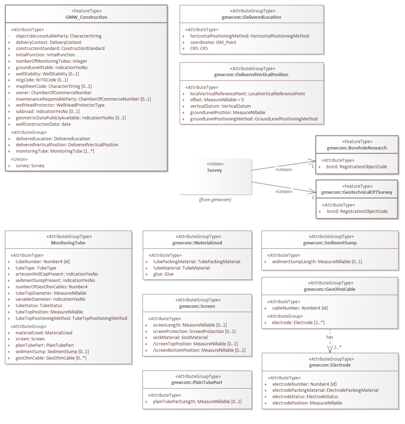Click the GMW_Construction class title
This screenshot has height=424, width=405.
click(86, 17)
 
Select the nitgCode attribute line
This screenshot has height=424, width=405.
click(42, 80)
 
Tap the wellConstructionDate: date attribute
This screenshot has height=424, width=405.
click(43, 124)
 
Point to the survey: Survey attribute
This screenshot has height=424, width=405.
click(30, 166)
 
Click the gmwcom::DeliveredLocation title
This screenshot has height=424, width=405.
click(252, 17)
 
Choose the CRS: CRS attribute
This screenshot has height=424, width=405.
click(199, 49)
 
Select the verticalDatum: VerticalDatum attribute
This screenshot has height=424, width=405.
click(220, 106)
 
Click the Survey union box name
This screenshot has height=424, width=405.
click(214, 170)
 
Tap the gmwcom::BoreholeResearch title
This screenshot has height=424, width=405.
click(357, 148)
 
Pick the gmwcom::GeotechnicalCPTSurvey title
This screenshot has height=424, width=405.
click(357, 192)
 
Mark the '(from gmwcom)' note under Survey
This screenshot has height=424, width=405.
click(215, 200)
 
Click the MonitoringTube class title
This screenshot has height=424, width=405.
click(68, 243)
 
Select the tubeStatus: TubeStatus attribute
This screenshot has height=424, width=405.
click(39, 306)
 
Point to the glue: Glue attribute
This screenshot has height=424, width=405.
click(163, 274)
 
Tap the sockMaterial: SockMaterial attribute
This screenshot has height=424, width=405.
click(180, 338)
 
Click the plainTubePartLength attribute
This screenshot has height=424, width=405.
click(197, 402)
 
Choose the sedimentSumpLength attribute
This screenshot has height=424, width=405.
click(317, 262)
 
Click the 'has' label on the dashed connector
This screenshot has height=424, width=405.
click(330, 337)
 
